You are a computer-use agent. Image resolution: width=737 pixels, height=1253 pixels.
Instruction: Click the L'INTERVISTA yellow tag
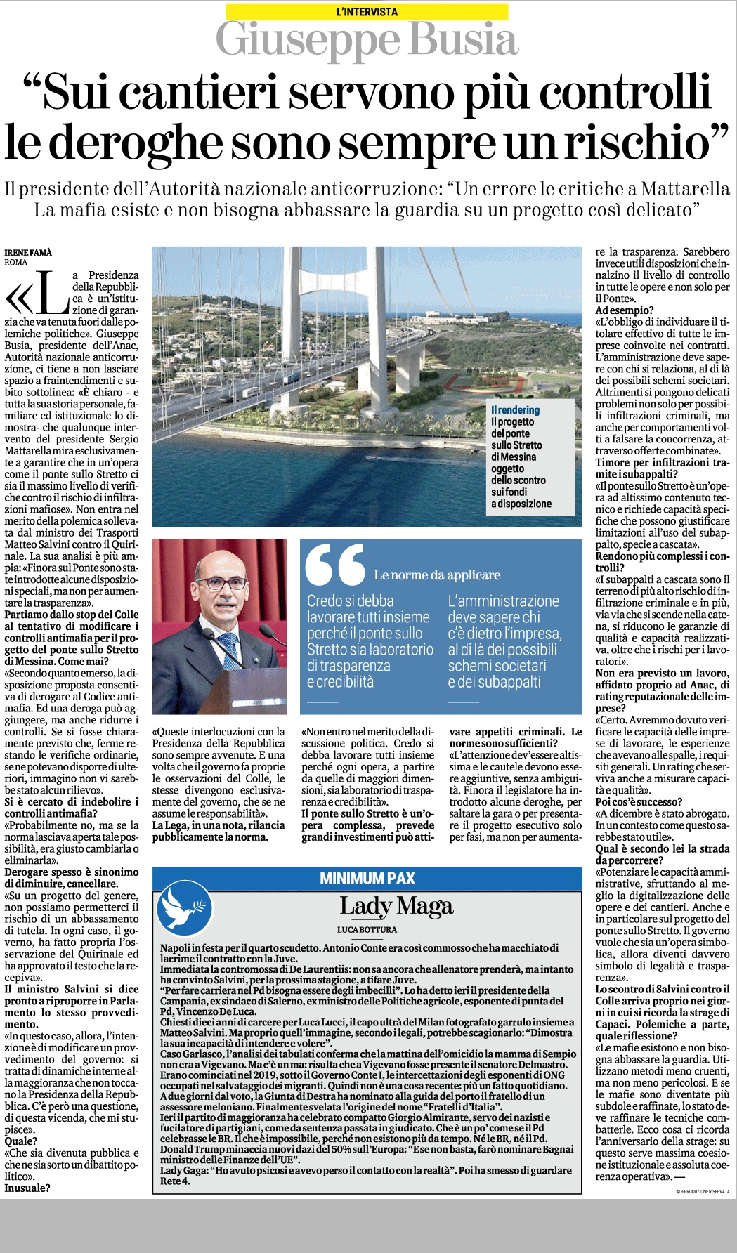(x=367, y=11)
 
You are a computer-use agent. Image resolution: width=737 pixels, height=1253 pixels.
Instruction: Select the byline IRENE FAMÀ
(x=28, y=252)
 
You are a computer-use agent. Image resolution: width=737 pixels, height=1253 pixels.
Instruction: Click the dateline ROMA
(x=16, y=263)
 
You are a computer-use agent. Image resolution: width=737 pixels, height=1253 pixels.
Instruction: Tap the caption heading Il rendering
(x=515, y=410)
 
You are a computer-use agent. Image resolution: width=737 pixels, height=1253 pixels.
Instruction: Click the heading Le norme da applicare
(x=437, y=575)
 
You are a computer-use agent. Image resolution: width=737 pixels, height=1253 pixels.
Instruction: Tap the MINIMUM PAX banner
(x=367, y=878)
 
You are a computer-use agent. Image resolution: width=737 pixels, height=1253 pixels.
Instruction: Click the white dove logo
(x=185, y=908)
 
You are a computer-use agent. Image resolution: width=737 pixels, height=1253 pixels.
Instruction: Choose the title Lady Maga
(x=396, y=906)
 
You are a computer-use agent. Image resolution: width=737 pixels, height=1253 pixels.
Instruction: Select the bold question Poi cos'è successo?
(x=639, y=802)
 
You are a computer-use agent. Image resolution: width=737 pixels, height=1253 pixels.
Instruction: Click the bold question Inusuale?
(x=27, y=1188)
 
